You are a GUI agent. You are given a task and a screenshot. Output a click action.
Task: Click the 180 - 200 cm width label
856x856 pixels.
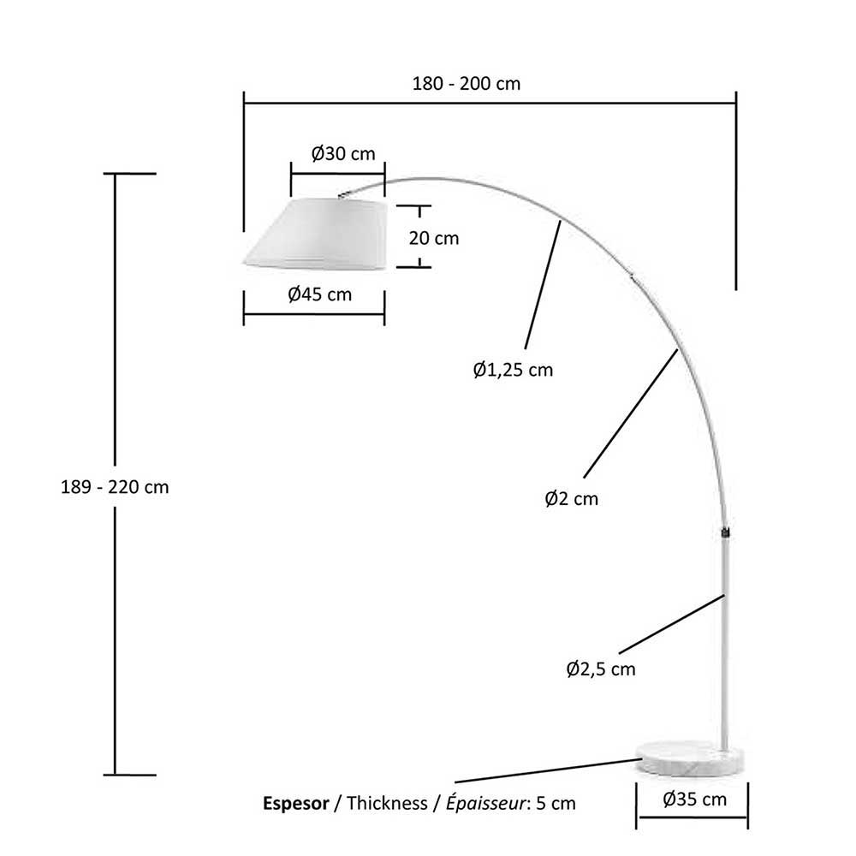[x=467, y=84]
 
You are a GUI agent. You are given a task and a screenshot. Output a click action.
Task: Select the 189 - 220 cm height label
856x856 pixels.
[x=115, y=487]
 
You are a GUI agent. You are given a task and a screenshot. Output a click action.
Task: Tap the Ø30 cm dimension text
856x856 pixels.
[x=343, y=154]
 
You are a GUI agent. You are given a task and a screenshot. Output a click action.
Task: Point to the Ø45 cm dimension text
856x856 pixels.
[x=320, y=294]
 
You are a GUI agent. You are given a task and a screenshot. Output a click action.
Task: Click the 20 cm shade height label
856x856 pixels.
[x=434, y=238]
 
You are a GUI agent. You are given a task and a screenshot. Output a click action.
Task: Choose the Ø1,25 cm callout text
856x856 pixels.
[x=513, y=370]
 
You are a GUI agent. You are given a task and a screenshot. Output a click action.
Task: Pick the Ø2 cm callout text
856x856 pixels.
[x=572, y=498]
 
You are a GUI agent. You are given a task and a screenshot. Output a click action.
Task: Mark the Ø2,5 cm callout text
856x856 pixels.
[x=601, y=669]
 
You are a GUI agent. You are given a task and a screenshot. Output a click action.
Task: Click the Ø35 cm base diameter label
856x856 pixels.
[x=695, y=800]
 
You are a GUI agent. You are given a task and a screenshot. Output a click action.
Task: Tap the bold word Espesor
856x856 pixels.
[x=296, y=804]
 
